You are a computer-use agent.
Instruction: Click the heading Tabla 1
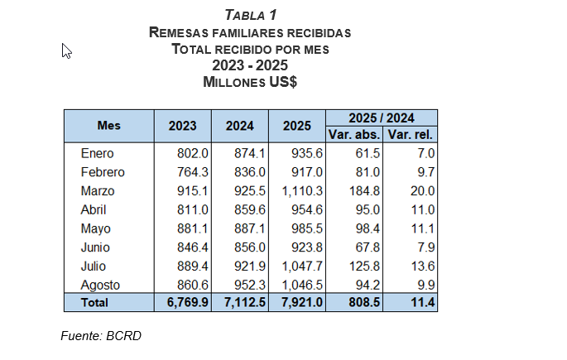coord(250,15)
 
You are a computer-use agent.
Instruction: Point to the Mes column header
coord(108,125)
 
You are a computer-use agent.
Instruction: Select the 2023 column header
coord(182,126)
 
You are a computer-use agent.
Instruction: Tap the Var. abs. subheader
coord(353,134)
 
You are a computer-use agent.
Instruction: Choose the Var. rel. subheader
coord(411,134)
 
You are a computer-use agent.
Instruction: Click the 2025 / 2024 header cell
coord(382,118)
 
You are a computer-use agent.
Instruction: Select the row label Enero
coord(97,153)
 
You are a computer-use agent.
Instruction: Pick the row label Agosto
coord(100,285)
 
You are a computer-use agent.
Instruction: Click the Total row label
coord(94,303)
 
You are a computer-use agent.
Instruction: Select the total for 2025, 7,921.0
coord(297,303)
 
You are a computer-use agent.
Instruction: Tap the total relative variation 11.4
coord(421,303)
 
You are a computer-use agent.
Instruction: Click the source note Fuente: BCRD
coord(103,335)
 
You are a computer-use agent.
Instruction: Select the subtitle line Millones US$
coord(250,82)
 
